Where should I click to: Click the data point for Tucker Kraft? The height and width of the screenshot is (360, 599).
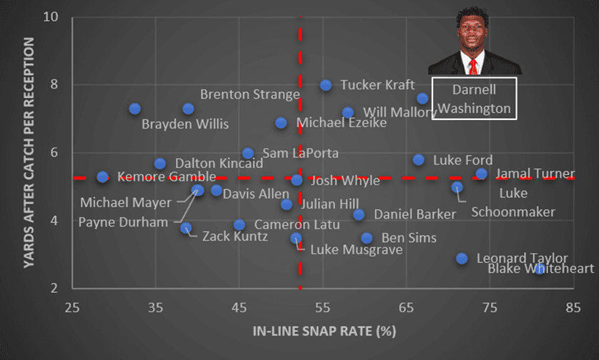(326, 85)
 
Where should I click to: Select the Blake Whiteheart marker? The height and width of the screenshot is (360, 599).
(540, 269)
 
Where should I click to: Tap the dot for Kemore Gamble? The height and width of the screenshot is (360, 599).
(103, 176)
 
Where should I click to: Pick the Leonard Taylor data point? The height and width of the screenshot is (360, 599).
(462, 258)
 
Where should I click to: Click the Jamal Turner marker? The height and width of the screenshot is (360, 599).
(482, 174)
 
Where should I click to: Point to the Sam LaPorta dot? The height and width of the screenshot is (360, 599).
(248, 154)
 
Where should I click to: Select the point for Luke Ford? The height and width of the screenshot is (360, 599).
(419, 160)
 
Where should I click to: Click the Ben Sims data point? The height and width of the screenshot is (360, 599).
(367, 238)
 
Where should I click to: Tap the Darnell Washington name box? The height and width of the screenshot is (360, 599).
(474, 99)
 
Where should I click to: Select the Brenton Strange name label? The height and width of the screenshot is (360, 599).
(249, 94)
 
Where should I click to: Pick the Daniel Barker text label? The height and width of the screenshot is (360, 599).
(415, 214)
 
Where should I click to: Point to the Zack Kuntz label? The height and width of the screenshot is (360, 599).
(235, 236)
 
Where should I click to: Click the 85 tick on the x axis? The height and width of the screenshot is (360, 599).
(572, 308)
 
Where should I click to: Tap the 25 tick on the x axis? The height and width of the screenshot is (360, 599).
(71, 308)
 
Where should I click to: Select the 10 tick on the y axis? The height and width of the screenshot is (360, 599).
(54, 17)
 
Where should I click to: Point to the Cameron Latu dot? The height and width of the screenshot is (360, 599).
(239, 225)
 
